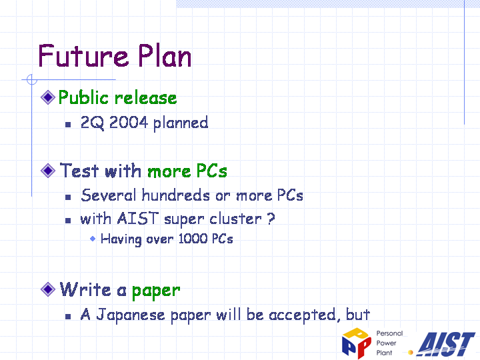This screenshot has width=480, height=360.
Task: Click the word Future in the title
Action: [83, 55]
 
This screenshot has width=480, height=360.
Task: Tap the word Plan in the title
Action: [165, 55]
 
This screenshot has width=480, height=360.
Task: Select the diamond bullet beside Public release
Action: [48, 97]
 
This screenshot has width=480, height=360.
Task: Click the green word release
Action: [146, 98]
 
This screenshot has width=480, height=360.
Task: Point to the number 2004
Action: [129, 123]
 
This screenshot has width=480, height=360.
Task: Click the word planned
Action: [181, 123]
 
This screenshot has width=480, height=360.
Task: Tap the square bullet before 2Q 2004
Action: [68, 124]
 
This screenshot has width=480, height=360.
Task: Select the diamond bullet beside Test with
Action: [48, 170]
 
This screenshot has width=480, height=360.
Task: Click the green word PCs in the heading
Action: [211, 171]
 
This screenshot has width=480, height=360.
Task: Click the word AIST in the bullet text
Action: [138, 219]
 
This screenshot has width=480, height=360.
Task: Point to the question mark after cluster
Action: [271, 219]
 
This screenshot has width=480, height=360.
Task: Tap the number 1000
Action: [193, 239]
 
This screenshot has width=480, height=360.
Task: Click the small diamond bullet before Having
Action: [93, 239]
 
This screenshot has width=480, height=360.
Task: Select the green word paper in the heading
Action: [156, 291]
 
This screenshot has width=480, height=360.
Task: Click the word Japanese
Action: [131, 315]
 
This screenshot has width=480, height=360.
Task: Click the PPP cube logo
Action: [357, 343]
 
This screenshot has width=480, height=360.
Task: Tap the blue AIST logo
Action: [446, 344]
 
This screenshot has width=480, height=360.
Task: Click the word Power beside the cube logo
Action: [386, 343]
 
